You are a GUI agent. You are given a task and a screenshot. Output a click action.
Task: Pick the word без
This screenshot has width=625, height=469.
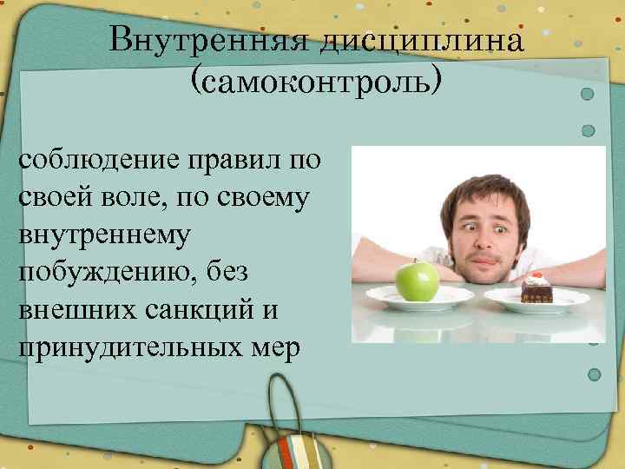tap(225, 272)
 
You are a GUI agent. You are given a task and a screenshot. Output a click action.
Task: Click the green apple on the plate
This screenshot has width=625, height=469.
tap(418, 279)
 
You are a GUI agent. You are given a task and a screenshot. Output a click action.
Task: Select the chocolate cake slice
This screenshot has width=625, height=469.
tap(536, 290)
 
